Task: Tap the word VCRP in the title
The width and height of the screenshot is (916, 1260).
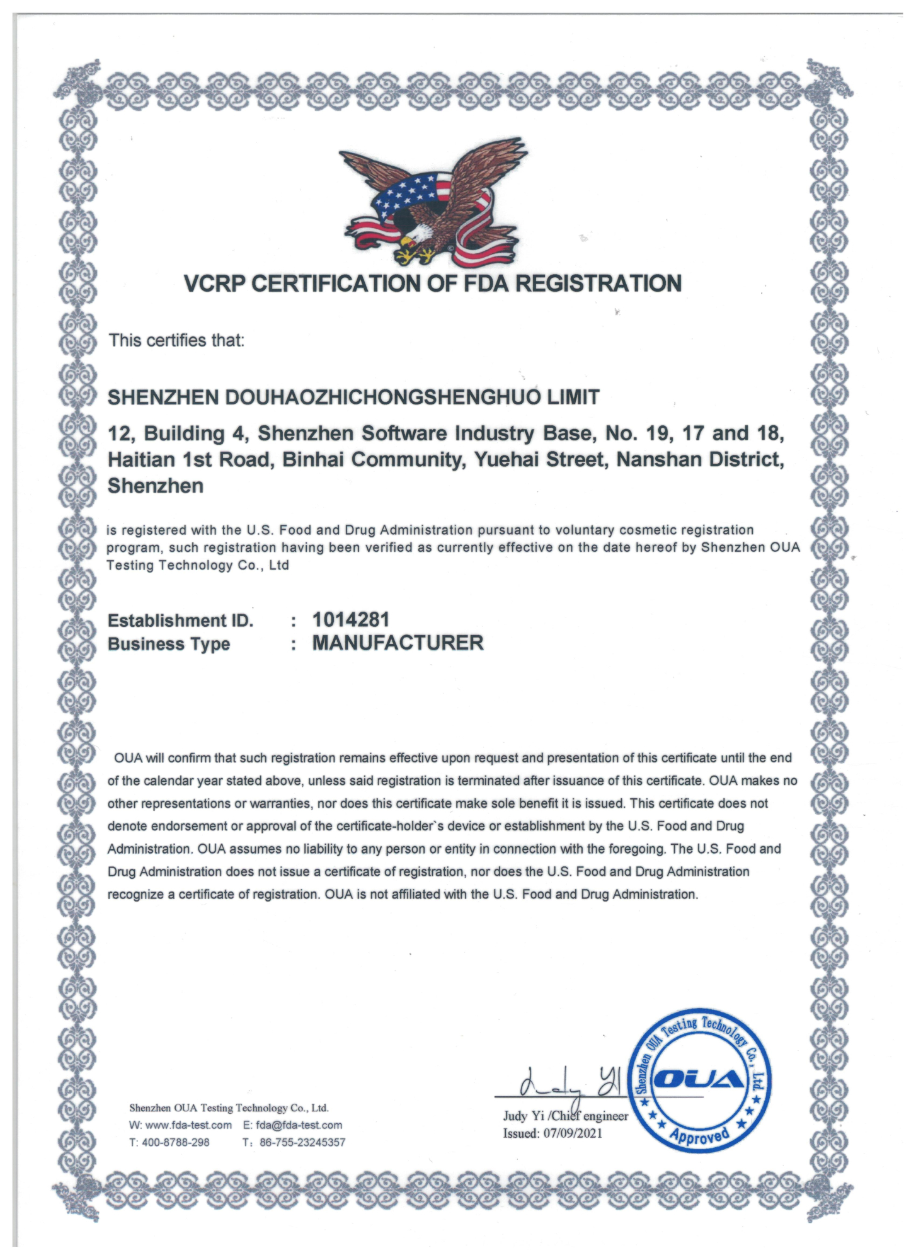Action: click(214, 284)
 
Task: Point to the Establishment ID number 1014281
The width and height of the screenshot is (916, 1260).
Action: click(351, 620)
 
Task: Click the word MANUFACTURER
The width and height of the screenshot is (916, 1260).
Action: click(398, 643)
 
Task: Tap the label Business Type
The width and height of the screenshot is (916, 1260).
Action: click(169, 644)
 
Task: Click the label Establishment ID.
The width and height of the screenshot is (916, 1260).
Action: click(180, 621)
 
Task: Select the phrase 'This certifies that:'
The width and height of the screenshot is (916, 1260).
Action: click(176, 341)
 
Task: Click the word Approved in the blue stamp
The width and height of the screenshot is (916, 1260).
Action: click(700, 1135)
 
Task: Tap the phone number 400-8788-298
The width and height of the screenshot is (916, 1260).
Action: click(176, 1142)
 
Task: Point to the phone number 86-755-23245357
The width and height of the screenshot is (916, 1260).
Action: click(302, 1142)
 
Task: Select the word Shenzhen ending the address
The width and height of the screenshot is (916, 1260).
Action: click(156, 486)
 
